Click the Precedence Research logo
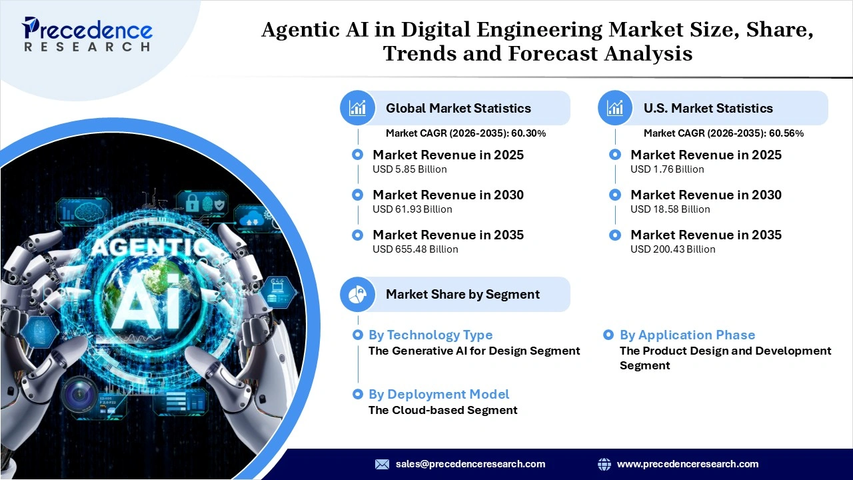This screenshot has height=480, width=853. coord(87,34)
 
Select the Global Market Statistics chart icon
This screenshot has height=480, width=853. coord(358,108)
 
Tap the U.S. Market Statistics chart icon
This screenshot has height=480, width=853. coord(615,108)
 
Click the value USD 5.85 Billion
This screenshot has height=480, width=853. coord(410,169)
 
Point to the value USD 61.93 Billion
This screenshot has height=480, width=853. coord(413,209)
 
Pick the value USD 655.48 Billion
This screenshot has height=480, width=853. coord(415,249)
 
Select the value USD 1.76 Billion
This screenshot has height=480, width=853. coord(667,169)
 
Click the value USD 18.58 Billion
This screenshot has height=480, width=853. coord(670,209)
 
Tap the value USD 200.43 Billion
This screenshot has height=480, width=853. coord(673,249)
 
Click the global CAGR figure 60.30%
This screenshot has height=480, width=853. coord(528,133)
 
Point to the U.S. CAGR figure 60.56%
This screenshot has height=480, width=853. coord(786,133)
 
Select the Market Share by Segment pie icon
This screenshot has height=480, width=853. coord(358,295)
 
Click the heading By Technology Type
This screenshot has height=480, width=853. coord(430,335)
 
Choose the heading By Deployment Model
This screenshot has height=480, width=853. coord(438,395)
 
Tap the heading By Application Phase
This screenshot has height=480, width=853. coord(687,335)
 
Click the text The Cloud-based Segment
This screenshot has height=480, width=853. coord(442,410)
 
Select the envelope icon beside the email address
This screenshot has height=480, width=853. coord(382,464)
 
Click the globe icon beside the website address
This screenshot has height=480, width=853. coord(604,464)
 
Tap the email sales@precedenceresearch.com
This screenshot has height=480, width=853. coord(470,464)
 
